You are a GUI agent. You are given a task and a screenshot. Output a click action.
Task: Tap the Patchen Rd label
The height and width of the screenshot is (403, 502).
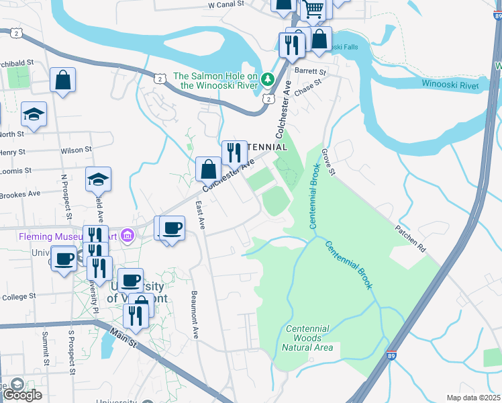(x=410, y=238)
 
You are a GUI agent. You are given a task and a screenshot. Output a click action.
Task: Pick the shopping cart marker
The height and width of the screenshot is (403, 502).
(x=313, y=9)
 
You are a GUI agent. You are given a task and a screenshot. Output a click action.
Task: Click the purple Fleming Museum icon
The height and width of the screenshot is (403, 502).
(x=129, y=236)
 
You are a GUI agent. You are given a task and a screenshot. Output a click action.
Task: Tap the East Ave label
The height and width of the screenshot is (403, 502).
(x=199, y=216)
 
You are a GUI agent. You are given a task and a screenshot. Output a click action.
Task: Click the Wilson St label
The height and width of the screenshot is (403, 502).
(x=74, y=151)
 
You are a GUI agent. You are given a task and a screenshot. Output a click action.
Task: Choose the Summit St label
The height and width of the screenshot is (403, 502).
(x=46, y=349)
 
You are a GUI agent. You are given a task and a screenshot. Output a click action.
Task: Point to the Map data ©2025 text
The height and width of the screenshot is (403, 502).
(x=473, y=398)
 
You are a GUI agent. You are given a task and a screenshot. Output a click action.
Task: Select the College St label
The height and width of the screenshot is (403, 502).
(x=18, y=296)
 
